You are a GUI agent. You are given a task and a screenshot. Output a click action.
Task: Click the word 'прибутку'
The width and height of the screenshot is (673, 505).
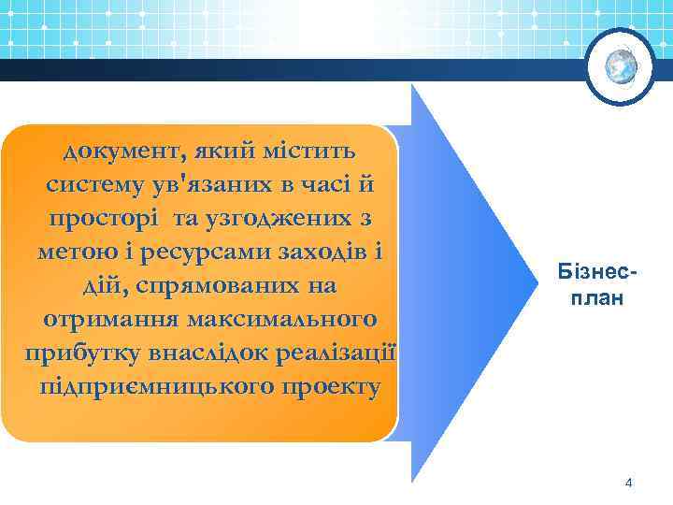85,354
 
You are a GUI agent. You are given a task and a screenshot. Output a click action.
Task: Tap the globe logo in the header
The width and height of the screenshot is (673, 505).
620,65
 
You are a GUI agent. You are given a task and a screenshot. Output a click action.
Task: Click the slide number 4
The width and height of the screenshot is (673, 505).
628,483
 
